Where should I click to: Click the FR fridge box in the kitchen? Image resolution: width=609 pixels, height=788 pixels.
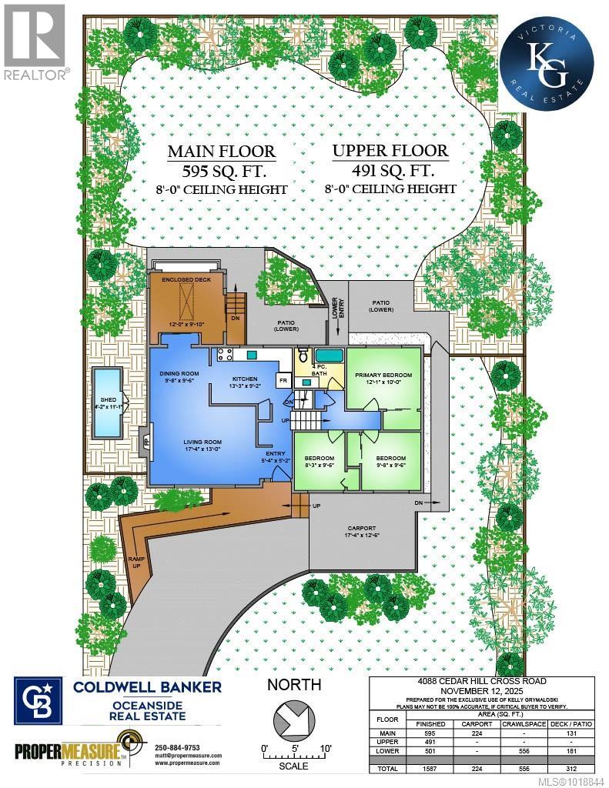tap(283, 380)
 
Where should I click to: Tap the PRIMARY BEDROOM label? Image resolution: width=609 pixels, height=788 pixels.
tap(383, 375)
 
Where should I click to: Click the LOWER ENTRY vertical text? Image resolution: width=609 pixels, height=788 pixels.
tap(333, 308)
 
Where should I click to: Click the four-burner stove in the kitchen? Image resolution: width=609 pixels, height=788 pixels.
tap(226, 355)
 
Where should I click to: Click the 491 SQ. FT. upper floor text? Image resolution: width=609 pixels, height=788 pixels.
tap(393, 170)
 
